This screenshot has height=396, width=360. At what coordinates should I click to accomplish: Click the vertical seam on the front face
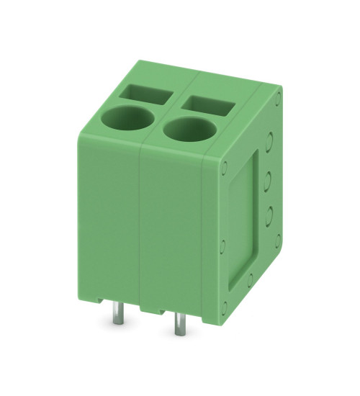pos(139,230)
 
